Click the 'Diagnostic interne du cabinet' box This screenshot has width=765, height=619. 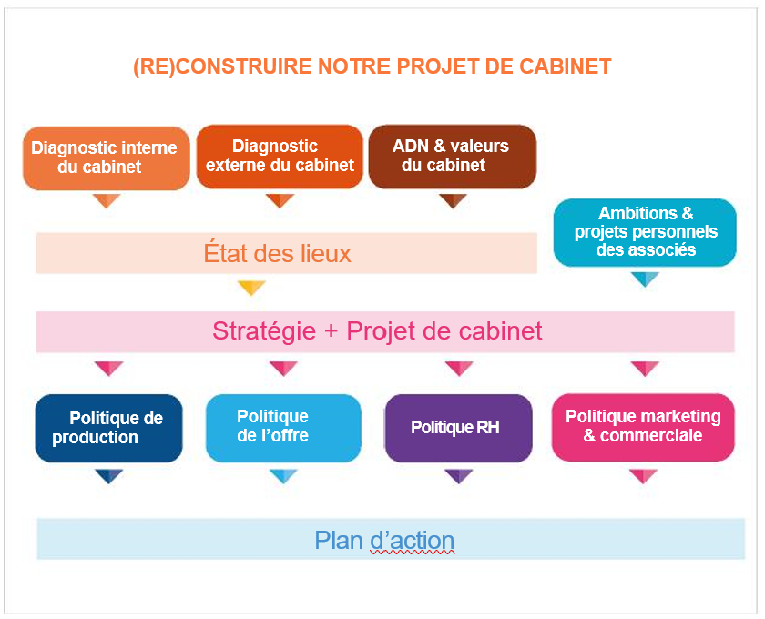(106, 157)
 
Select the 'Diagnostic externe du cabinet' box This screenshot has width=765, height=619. (280, 156)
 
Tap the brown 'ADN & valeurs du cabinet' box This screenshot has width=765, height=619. (452, 156)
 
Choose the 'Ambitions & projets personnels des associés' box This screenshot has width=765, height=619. (645, 232)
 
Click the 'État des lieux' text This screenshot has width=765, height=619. (278, 253)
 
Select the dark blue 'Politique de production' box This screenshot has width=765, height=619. (108, 428)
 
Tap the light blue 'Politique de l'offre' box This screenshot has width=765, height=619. (283, 427)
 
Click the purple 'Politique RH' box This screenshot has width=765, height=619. (458, 427)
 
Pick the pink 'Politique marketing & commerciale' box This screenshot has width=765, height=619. (643, 427)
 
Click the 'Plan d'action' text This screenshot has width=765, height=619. (384, 540)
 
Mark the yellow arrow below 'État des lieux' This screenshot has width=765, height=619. (251, 289)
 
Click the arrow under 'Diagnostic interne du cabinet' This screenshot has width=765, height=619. (107, 200)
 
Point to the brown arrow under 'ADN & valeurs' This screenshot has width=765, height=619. (453, 200)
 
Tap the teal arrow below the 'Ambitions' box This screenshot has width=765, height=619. (645, 279)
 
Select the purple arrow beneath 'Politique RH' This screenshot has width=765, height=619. (458, 476)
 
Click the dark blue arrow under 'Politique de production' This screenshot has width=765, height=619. (108, 476)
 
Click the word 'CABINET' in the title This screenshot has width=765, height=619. (566, 66)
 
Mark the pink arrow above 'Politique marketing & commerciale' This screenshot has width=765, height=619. (645, 369)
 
